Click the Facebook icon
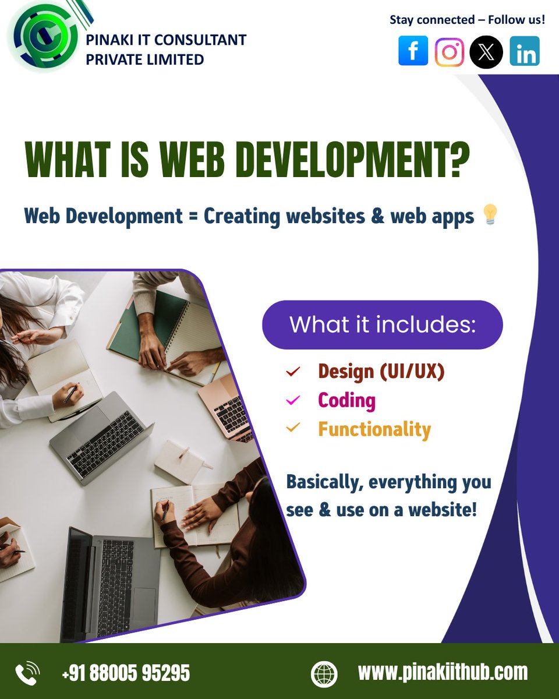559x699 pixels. pyautogui.click(x=413, y=51)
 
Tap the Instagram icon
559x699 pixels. pyautogui.click(x=450, y=52)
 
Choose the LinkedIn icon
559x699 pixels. pyautogui.click(x=525, y=51)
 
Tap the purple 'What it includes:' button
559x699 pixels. pyautogui.click(x=382, y=324)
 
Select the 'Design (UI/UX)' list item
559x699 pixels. pyautogui.click(x=381, y=371)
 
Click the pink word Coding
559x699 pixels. pyautogui.click(x=346, y=400)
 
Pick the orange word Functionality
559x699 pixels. pyautogui.click(x=374, y=429)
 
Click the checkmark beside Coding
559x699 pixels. pyautogui.click(x=293, y=400)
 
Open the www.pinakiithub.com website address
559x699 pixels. pyautogui.click(x=443, y=672)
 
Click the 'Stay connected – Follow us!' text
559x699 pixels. pyautogui.click(x=467, y=20)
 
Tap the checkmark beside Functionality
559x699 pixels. pyautogui.click(x=293, y=429)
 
